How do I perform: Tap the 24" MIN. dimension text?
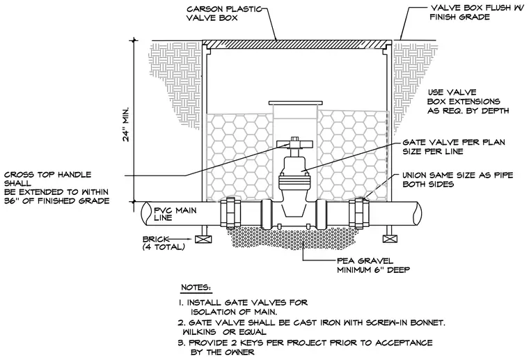pyautogui.click(x=126, y=125)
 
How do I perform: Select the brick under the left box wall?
pyautogui.click(x=203, y=239)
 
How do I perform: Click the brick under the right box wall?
pyautogui.click(x=390, y=239)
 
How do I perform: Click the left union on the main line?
pyautogui.click(x=230, y=213)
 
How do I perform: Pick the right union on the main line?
pyautogui.click(x=359, y=213)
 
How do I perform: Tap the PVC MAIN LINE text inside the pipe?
pyautogui.click(x=175, y=214)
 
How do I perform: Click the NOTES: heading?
pyautogui.click(x=196, y=288)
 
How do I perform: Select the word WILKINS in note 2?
pyautogui.click(x=201, y=331)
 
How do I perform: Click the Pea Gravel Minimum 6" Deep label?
pyautogui.click(x=374, y=265)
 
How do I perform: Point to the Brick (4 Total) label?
pyautogui.click(x=164, y=243)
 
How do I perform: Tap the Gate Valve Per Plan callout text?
pyautogui.click(x=454, y=147)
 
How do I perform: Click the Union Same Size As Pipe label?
pyautogui.click(x=458, y=180)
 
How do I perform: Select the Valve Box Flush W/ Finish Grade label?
pyautogui.click(x=475, y=13)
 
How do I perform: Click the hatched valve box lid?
pyautogui.click(x=297, y=44)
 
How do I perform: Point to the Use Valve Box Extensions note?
pyautogui.click(x=468, y=102)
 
